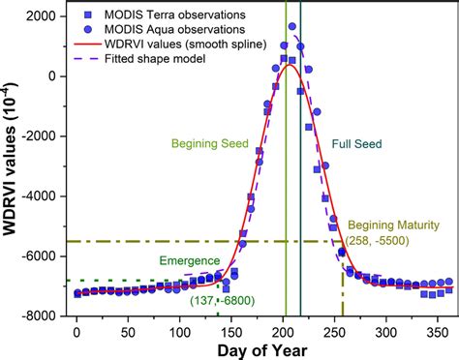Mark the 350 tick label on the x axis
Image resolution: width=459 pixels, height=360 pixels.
coord(437,330)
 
